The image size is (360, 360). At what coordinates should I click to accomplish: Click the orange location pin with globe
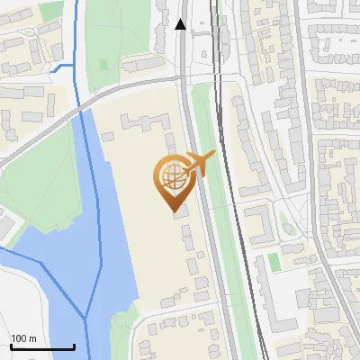coord(173,177)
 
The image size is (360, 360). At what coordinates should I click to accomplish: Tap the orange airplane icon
coord(199,163)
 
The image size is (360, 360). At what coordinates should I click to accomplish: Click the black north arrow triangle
coord(181,25)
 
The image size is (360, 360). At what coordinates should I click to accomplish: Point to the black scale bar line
coord(42,346)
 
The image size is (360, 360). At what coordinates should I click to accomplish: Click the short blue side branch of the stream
coord(62,68)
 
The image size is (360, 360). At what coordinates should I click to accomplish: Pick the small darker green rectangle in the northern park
coord(101,64)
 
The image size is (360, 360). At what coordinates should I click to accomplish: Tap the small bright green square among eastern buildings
coord(274,261)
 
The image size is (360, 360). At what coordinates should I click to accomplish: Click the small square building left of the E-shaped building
coord(108,135)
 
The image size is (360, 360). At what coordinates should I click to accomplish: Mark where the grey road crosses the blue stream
coord(83,106)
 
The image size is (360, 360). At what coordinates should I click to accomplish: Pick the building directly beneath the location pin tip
coord(180,212)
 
